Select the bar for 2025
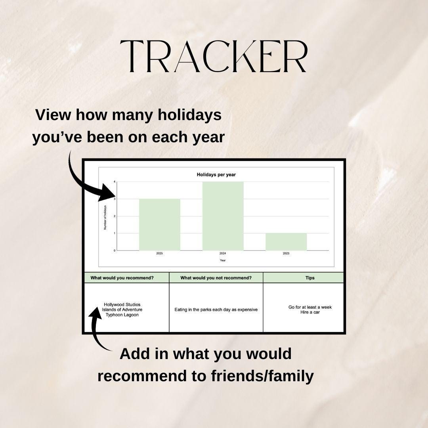(x=159, y=224)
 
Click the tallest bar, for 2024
(x=223, y=216)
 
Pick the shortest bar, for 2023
(x=286, y=242)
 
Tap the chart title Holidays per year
(x=216, y=175)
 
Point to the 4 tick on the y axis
(x=115, y=182)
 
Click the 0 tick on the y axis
(x=115, y=250)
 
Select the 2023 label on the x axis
(x=286, y=253)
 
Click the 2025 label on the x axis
(x=159, y=253)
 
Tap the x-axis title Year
(x=223, y=260)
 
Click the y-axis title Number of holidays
(x=105, y=216)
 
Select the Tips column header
(x=310, y=278)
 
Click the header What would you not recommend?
(x=216, y=278)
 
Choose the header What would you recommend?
(x=122, y=278)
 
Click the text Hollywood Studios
(x=122, y=304)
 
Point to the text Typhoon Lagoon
(x=122, y=315)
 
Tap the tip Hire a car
(x=310, y=312)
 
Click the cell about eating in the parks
(x=216, y=310)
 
